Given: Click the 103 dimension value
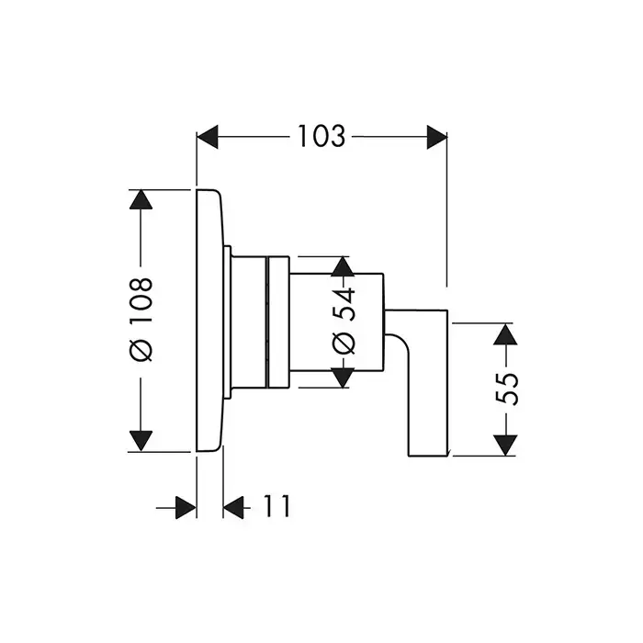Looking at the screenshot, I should point(321,137).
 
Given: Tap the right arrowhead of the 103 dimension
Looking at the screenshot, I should point(435,137).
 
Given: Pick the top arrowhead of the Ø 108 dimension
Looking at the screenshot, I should point(141,201).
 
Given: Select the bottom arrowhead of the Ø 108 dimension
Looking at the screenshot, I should point(141,439).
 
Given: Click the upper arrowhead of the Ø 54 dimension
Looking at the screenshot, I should point(343,268).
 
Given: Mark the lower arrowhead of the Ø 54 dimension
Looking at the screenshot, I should point(343,378).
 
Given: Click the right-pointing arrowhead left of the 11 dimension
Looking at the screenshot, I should point(186,506).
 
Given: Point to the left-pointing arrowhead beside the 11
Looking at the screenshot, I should point(234,506).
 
